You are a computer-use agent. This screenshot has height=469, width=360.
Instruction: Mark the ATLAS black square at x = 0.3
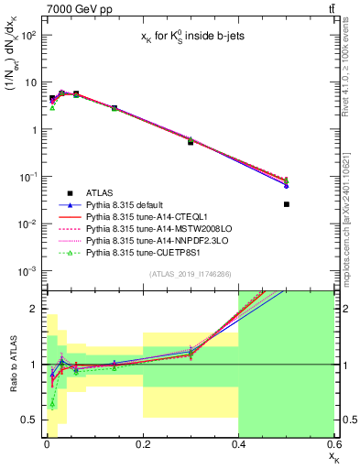pyautogui.click(x=191, y=142)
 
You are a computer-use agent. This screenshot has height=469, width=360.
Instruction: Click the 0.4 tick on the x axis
pyautogui.click(x=238, y=446)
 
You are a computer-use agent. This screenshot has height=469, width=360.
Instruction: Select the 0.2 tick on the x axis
pyautogui.click(x=143, y=446)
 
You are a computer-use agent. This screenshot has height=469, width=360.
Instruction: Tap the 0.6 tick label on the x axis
pyautogui.click(x=333, y=446)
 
